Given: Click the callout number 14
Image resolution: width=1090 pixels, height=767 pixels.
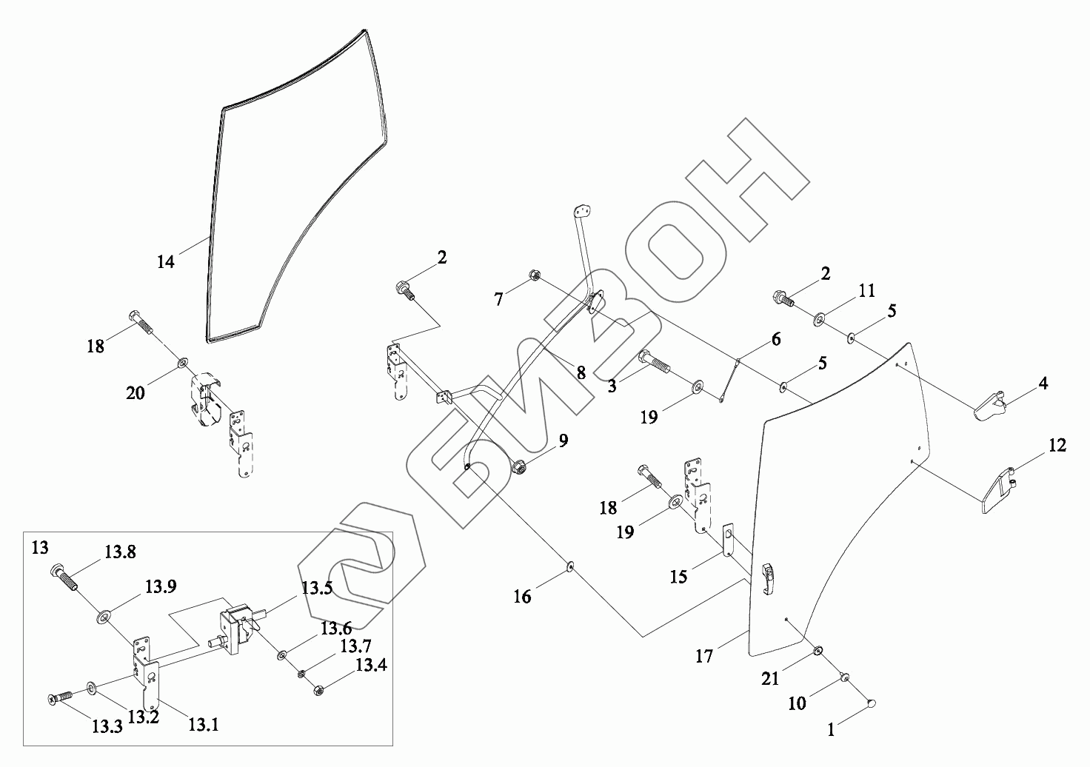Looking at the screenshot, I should [165, 261].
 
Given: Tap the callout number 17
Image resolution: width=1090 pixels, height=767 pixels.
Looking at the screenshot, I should [704, 656].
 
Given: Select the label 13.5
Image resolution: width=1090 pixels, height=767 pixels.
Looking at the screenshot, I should [316, 589].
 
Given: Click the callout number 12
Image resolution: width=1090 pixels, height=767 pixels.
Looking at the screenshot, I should [1057, 446].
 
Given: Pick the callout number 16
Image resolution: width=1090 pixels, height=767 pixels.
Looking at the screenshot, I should [523, 596].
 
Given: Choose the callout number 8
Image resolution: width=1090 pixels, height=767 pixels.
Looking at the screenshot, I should [581, 373].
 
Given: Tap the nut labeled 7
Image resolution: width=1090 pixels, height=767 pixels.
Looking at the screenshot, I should [533, 277].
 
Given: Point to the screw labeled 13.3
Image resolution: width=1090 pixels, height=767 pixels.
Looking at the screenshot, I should [61, 697].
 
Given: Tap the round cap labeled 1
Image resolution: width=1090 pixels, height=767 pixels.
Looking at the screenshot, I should [872, 703].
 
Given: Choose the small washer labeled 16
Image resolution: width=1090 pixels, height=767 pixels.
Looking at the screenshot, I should [571, 566].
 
